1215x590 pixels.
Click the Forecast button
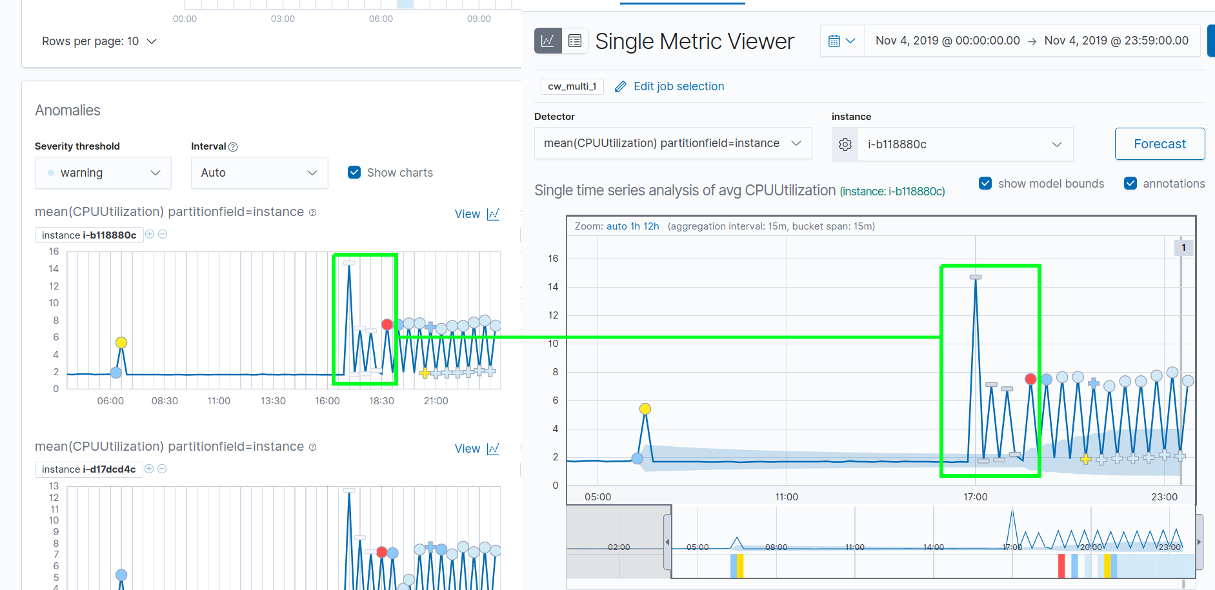point(1160,144)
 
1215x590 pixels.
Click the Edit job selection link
point(678,86)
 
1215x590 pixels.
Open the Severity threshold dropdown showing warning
point(103,173)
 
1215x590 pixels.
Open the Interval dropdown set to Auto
point(259,173)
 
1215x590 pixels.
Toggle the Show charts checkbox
point(354,172)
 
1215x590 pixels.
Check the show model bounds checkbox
point(985,183)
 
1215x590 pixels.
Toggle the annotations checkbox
point(1130,183)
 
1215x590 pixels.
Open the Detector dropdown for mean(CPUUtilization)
point(672,143)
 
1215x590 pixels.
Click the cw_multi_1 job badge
point(572,86)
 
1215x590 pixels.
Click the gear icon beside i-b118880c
point(845,144)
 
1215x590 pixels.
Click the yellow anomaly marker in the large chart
point(645,409)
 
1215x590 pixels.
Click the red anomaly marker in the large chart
point(1030,379)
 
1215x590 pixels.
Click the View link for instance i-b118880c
point(476,214)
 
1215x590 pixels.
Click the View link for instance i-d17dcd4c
point(476,449)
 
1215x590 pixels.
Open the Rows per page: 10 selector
point(99,41)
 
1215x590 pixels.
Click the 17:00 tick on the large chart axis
point(975,497)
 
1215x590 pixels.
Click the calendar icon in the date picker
point(834,41)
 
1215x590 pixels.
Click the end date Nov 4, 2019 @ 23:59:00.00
point(1116,41)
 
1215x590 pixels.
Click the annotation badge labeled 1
point(1183,248)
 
